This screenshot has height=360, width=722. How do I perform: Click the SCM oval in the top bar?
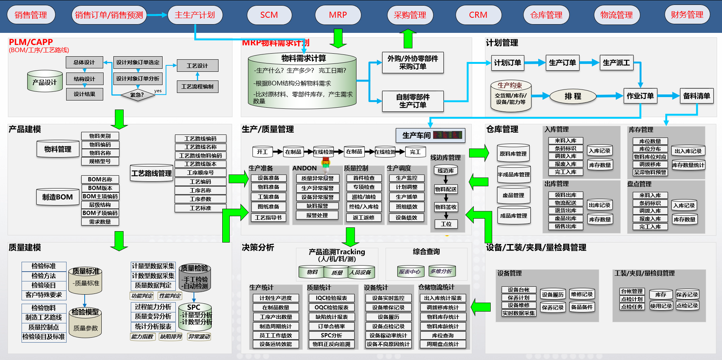pos(269,15)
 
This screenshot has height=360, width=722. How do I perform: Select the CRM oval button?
pos(478,15)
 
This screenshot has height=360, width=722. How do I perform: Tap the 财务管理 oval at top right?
pos(687,15)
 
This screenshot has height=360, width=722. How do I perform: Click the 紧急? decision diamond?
pos(138,95)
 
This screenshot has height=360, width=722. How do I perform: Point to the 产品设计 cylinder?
pos(45,82)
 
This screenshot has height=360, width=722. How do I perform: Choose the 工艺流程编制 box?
pos(197,87)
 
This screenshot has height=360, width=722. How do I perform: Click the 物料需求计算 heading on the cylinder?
pos(303,58)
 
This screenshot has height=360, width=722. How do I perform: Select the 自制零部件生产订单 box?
pos(413,101)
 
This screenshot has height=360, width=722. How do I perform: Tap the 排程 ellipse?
pos(573,96)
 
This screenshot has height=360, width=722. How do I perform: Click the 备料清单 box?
pos(696,96)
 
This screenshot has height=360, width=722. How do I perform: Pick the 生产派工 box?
pos(616,63)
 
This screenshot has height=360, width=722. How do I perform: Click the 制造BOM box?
pos(57,197)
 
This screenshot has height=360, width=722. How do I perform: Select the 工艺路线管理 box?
pos(151,173)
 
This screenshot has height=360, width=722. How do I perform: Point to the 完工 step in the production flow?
pos(415,152)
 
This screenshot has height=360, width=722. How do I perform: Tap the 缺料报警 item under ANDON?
pos(317,206)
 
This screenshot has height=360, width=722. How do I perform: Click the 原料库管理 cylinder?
pos(513,154)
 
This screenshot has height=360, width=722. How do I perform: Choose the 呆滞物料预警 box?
pos(650,172)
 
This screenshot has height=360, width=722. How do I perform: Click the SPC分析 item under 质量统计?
pos(332,335)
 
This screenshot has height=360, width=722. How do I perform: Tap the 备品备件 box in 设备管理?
pos(581,307)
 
